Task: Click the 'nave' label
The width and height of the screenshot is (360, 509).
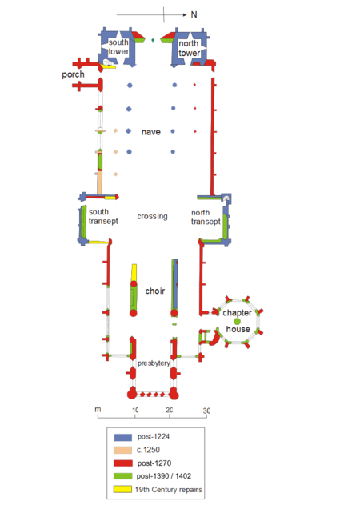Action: coord(151,132)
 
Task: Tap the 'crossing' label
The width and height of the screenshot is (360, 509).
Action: coord(152,216)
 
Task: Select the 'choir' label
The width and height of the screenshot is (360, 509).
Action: coord(155,291)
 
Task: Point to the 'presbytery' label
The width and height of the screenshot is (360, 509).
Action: coord(154,363)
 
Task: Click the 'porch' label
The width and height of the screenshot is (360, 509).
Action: coord(73,74)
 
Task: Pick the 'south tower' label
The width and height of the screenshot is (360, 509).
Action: coord(118,46)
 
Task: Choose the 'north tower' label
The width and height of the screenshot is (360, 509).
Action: coord(189,48)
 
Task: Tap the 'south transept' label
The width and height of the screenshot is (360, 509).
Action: coord(103,217)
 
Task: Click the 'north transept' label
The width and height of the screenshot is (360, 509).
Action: coord(206,217)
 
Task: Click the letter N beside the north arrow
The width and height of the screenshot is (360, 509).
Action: coord(194,14)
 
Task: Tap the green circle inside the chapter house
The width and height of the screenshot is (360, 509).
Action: coord(238,322)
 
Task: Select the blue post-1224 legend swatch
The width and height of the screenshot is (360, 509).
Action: coord(123,437)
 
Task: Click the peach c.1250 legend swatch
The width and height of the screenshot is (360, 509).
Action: coord(123,451)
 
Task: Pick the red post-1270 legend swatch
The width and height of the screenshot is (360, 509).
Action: coord(123,463)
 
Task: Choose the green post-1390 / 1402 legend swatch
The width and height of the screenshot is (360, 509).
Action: coord(123,476)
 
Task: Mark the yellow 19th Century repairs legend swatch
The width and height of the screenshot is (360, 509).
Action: coord(122,489)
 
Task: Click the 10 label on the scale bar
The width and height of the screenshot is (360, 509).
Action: coord(135,410)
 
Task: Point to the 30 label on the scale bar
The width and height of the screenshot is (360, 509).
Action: coord(206,411)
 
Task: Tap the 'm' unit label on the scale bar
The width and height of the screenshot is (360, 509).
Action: coord(98,409)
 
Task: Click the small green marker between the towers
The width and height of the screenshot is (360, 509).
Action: coord(153,41)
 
